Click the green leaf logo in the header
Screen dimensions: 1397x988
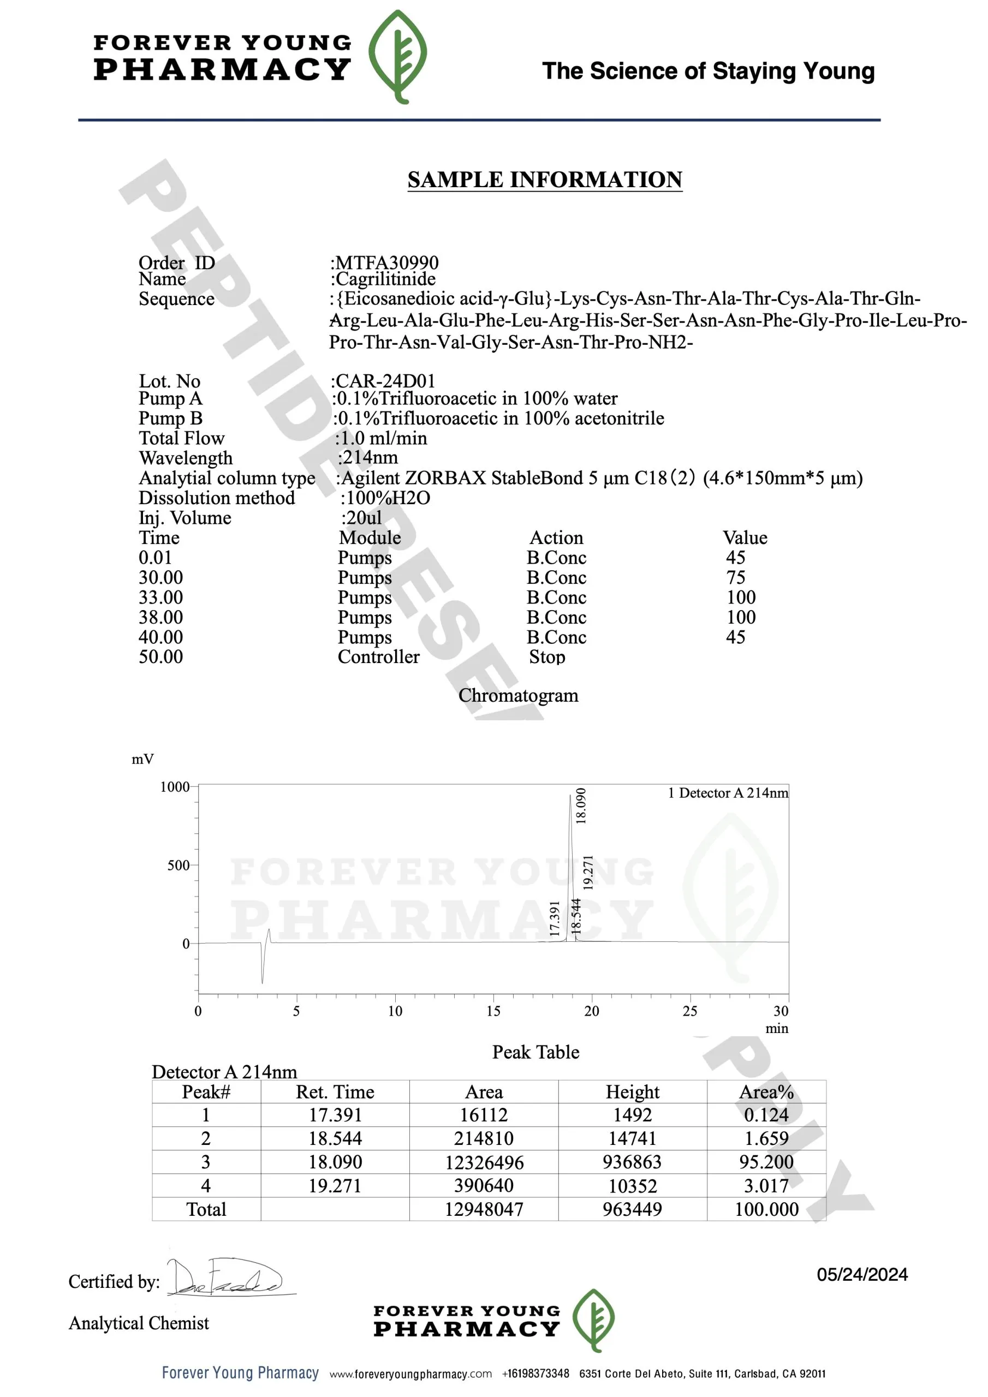point(398,56)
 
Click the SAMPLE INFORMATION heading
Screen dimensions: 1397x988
point(544,180)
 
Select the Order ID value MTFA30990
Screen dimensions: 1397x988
point(386,262)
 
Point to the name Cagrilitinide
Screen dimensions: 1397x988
point(385,279)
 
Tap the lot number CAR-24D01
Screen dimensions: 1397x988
point(385,381)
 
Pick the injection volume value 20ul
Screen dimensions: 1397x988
point(364,518)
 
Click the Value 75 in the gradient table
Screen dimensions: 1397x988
point(735,577)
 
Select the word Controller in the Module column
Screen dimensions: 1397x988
point(379,657)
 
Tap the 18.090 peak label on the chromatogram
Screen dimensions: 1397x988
point(581,805)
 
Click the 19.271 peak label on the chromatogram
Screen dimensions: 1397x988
point(588,872)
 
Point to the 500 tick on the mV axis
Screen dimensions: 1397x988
point(178,865)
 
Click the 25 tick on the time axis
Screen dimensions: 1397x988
point(690,1011)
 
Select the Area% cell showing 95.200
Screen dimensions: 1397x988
point(766,1162)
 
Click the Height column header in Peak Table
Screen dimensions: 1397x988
point(632,1092)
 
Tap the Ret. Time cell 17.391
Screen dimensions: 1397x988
point(335,1115)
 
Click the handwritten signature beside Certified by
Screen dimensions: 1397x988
point(225,1277)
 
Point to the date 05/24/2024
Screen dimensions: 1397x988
point(862,1275)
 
